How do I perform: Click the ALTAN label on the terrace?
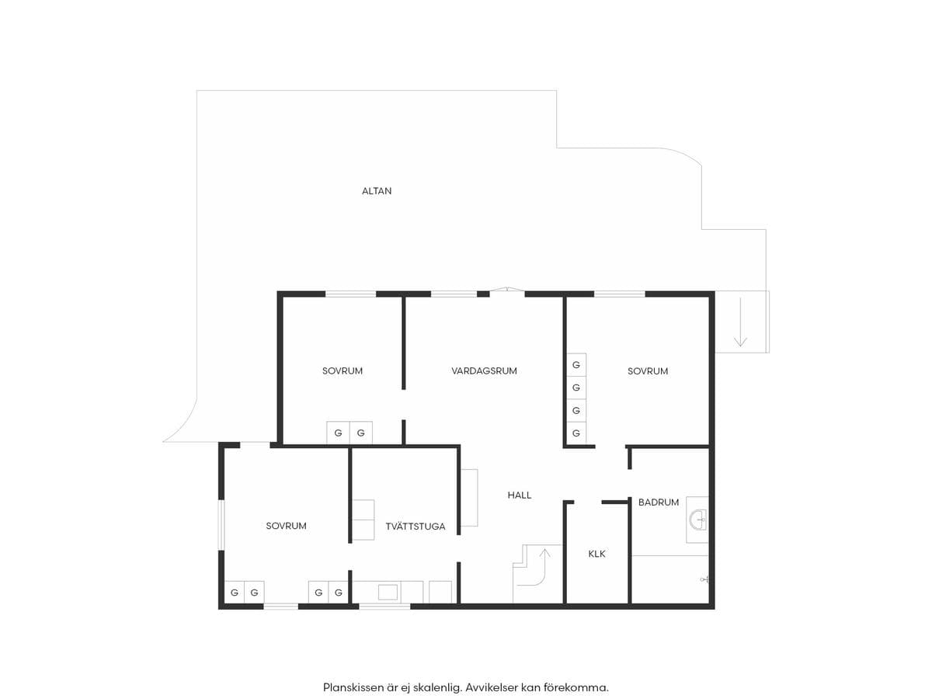pos(377,191)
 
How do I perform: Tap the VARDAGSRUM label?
pos(484,371)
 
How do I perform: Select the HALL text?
pos(520,495)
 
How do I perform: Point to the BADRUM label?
pos(659,502)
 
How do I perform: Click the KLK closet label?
pos(596,554)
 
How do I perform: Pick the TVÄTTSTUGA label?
pos(416,527)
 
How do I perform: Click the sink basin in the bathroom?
pos(698,520)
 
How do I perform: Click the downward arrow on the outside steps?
pos(740,322)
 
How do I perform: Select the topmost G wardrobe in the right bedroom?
pos(576,364)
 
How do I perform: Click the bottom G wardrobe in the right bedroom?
pos(576,433)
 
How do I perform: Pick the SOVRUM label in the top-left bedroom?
pos(343,371)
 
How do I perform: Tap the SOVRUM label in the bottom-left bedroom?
pos(286,526)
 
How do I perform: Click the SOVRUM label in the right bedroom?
pos(648,371)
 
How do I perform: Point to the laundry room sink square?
pos(388,592)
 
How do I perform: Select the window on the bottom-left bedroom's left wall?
pos(221,525)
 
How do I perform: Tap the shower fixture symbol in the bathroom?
pos(704,579)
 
